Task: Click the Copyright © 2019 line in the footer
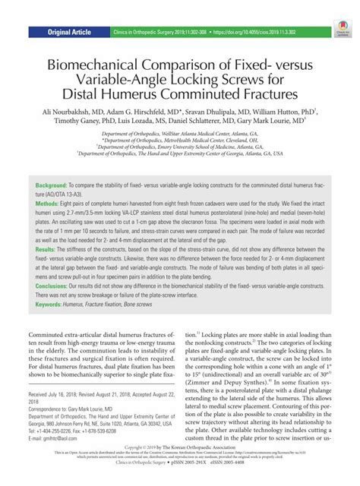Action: click(x=179, y=466)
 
